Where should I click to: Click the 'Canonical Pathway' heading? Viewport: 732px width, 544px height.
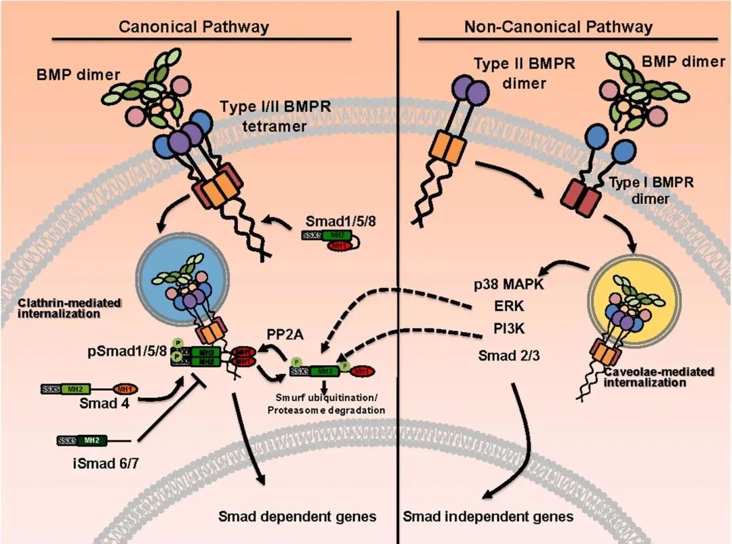click(194, 27)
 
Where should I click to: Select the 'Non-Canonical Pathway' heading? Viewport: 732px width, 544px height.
click(558, 27)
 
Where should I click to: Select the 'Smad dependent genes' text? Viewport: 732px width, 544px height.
click(297, 517)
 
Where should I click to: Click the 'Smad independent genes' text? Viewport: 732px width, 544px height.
click(488, 517)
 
